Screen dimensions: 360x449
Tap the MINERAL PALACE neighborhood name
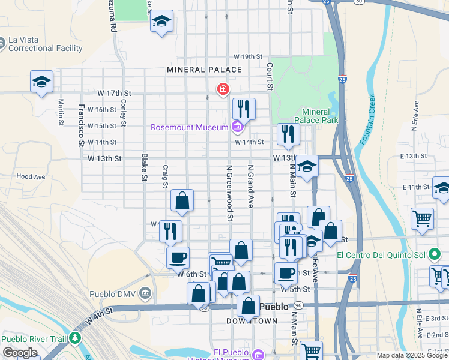(x=204, y=70)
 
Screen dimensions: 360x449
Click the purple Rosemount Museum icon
(x=237, y=127)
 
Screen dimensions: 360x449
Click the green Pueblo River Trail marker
(x=74, y=340)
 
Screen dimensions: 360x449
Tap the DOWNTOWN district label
(x=252, y=321)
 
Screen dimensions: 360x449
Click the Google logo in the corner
(x=20, y=352)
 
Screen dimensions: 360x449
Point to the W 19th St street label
(x=248, y=56)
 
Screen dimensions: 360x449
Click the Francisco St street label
(x=80, y=125)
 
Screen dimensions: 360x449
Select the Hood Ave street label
(x=31, y=177)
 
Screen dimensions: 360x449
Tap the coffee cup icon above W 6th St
(x=178, y=259)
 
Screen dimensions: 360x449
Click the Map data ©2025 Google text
(x=412, y=355)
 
